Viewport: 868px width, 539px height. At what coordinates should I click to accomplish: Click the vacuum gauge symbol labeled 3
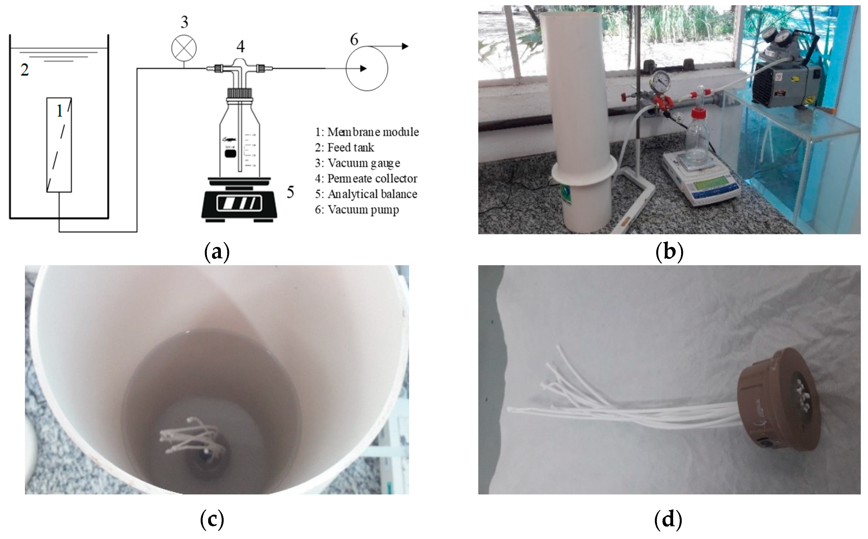[x=184, y=49]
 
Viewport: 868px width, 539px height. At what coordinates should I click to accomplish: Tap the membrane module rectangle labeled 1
[x=59, y=145]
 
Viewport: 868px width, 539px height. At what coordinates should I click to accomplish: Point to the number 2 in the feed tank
[x=25, y=69]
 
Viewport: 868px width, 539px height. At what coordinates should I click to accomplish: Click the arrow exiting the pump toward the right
[x=388, y=46]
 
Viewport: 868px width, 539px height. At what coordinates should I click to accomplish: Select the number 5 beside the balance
[x=290, y=192]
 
